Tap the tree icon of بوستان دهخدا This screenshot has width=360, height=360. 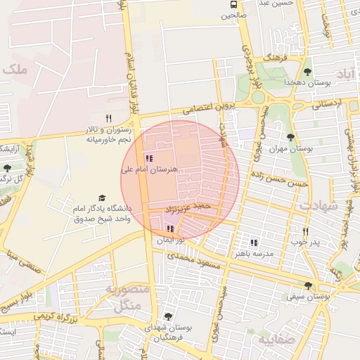click(x=307, y=72)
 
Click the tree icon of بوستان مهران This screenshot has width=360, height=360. click(x=290, y=138)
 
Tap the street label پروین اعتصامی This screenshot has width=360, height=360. click(x=207, y=108)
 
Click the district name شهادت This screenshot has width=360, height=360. click(x=319, y=205)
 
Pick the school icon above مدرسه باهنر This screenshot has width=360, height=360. click(x=253, y=242)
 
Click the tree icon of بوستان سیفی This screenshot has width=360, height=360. click(x=308, y=285)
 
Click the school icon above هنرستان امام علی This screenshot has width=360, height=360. click(x=148, y=159)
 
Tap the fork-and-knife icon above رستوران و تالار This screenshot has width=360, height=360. click(x=108, y=118)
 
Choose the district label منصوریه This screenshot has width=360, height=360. click(x=127, y=289)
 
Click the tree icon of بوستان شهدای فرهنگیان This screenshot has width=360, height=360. click(x=167, y=316)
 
